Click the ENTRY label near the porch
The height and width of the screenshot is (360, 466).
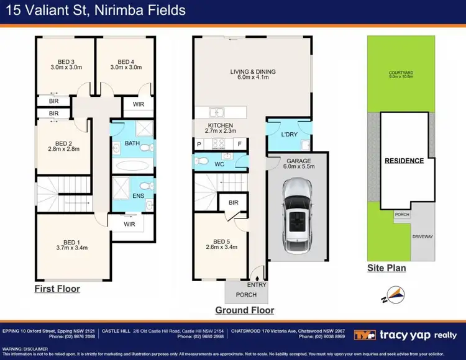[257, 285]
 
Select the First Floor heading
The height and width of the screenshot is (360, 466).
[57, 289]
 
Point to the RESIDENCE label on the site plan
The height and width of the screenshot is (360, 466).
[404, 161]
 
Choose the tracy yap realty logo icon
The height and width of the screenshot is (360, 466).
[365, 335]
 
